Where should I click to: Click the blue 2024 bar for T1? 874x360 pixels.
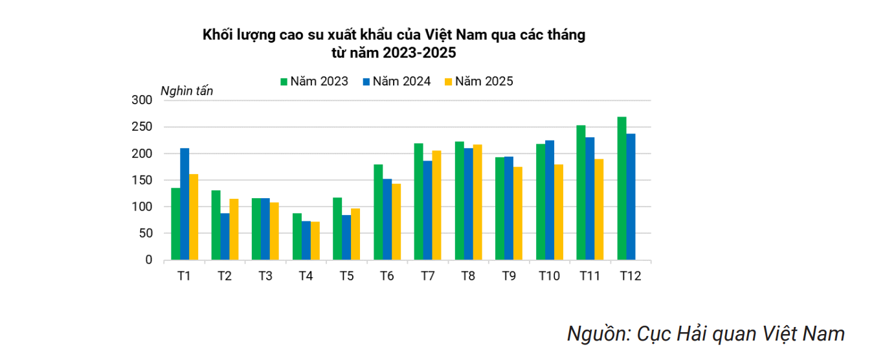click(x=185, y=204)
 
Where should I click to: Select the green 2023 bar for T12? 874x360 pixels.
click(x=622, y=188)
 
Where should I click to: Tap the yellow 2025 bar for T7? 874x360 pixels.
click(x=437, y=205)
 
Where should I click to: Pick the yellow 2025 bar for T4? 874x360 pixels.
click(x=315, y=240)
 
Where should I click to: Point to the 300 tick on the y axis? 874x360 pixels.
click(x=141, y=100)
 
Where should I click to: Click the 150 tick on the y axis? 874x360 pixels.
click(x=141, y=180)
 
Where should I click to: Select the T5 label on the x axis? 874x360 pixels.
click(x=346, y=276)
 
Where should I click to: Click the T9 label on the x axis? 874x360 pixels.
click(x=509, y=276)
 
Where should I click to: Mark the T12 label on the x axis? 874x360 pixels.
click(x=630, y=276)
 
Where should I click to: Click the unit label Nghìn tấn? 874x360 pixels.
click(x=186, y=91)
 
